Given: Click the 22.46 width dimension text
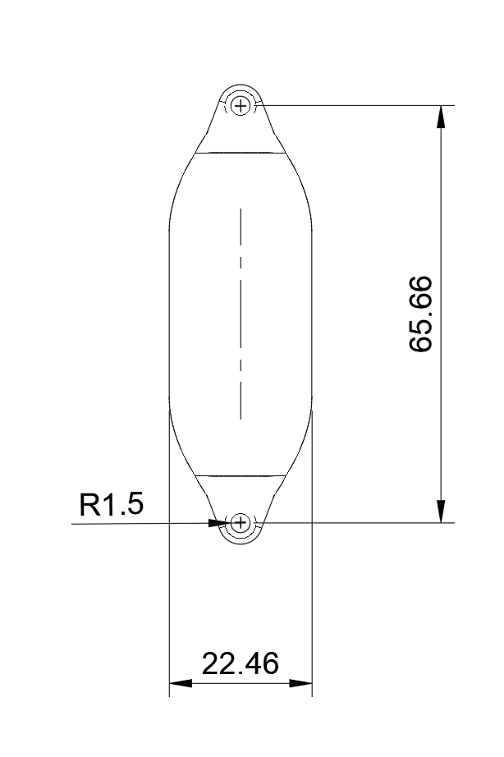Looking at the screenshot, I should coord(241,663).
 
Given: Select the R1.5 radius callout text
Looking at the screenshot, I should coord(111,505).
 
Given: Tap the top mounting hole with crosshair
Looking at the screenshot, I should coord(241,105).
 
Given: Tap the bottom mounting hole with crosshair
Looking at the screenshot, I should coord(241,522).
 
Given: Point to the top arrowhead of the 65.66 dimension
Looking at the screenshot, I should coord(442,116).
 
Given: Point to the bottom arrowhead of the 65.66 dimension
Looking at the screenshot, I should coord(442,512).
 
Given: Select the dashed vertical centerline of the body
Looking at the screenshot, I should coord(241,312).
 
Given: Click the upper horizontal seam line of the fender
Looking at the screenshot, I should coord(241,153).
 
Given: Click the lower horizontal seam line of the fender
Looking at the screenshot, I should coord(241,475).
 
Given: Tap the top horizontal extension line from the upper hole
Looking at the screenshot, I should coord(353,105).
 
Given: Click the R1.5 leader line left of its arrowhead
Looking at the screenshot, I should coord(140,522).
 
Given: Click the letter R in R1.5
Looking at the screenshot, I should coord(89,505).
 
